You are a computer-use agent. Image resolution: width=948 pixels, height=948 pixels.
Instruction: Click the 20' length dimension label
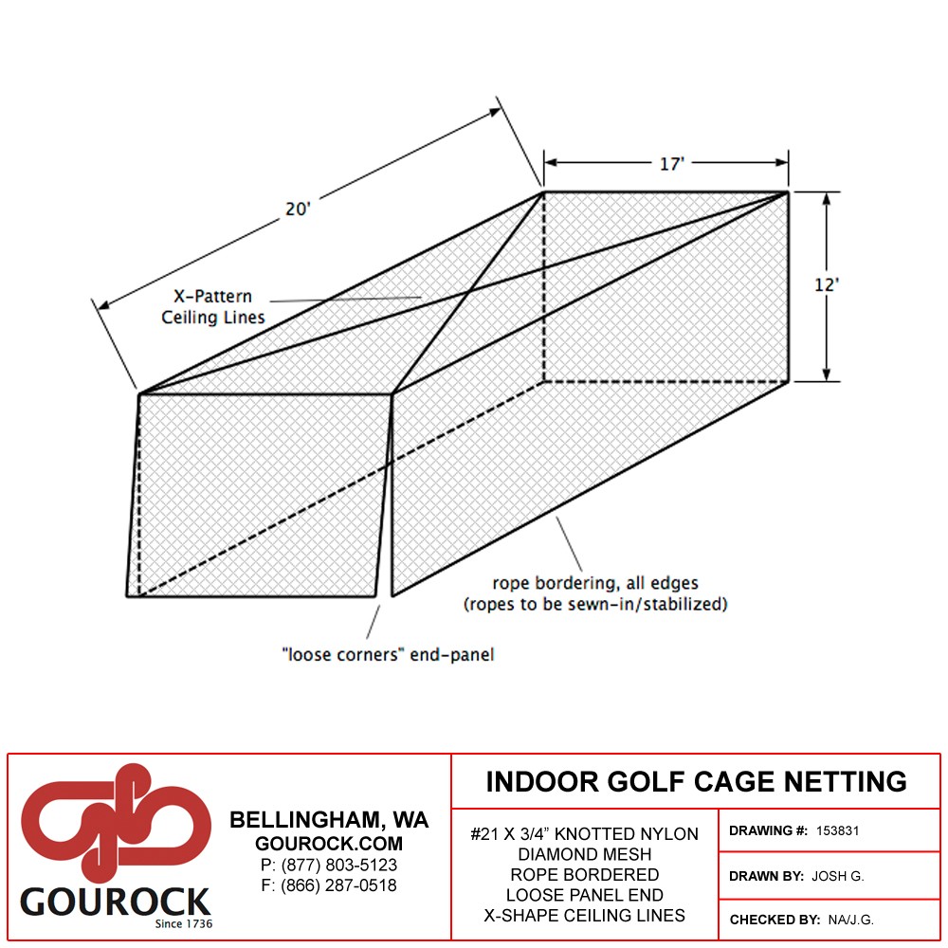[x=298, y=209]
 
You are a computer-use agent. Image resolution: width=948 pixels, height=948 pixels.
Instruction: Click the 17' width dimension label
[x=672, y=164]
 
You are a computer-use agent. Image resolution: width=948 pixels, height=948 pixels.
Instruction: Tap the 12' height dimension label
[x=827, y=284]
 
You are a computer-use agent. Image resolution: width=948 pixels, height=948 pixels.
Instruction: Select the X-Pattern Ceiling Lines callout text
[x=212, y=306]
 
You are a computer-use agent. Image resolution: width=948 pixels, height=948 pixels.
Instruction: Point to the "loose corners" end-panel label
[x=388, y=655]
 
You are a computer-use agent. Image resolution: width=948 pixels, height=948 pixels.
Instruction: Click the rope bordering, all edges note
[x=595, y=593]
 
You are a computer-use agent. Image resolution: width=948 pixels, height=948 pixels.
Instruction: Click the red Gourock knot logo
[x=116, y=822]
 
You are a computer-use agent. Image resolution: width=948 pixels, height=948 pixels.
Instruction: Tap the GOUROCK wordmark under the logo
[x=116, y=902]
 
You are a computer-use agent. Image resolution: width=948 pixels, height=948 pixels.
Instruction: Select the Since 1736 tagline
[x=184, y=923]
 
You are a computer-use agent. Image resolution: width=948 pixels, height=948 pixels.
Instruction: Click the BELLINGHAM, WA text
[x=329, y=820]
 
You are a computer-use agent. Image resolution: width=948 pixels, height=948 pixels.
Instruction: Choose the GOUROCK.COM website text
[x=329, y=844]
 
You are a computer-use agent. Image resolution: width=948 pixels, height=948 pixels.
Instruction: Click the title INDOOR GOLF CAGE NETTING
[x=697, y=782]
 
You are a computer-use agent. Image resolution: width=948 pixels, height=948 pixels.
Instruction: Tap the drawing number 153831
[x=837, y=830]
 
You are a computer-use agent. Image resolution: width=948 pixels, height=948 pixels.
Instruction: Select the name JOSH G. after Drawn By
[x=838, y=876]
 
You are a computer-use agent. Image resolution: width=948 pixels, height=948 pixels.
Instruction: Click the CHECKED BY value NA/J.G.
[x=851, y=921]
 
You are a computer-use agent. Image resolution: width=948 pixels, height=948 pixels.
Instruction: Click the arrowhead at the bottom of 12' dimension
[x=827, y=375]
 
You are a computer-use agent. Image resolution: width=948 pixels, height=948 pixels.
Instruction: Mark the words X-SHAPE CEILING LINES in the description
[x=585, y=916]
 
